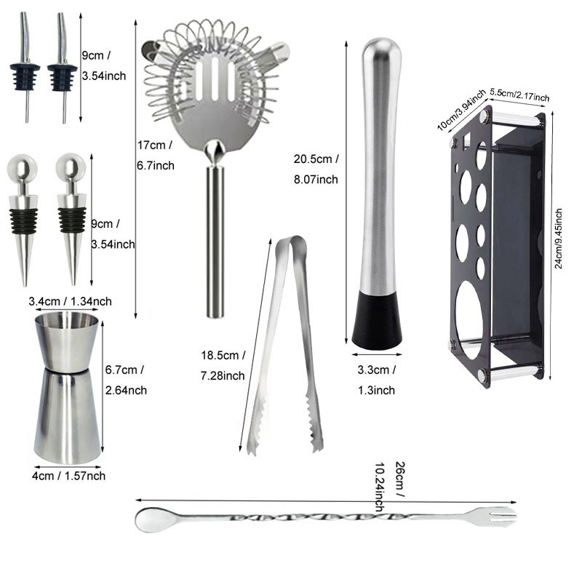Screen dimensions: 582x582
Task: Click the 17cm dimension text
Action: pos(155,154)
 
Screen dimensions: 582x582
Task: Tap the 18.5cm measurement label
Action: pos(223,365)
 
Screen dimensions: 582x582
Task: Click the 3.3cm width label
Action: pos(376,379)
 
